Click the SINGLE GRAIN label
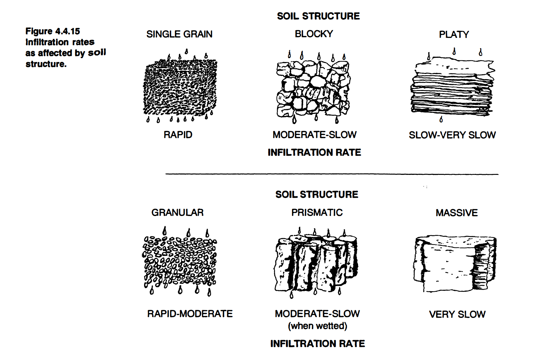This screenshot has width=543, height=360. coord(179,34)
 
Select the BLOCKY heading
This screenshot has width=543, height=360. coord(314,34)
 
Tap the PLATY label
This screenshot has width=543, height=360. coord(454,34)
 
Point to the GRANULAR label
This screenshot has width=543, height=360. coord(177,212)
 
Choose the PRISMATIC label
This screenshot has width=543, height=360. coord(317,212)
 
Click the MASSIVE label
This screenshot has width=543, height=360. coord(456,213)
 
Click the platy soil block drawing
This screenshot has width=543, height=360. coord(452,87)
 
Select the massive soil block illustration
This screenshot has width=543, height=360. coord(455,264)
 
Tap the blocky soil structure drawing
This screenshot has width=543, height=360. coord(313,88)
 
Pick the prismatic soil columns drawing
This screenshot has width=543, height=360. coord(316,262)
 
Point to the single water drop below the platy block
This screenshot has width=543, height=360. coord(441,120)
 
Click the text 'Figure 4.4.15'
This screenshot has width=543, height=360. coord(53,31)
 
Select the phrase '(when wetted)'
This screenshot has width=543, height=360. coord(318,326)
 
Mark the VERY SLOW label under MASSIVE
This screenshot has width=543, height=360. coord(457,314)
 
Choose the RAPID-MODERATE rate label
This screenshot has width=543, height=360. coord(190,314)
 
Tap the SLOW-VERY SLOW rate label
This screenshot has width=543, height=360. coord(452,135)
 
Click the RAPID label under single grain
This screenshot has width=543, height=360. coord(178,135)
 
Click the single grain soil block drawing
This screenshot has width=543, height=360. coord(180,87)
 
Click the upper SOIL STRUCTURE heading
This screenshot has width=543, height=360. coord(318,16)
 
